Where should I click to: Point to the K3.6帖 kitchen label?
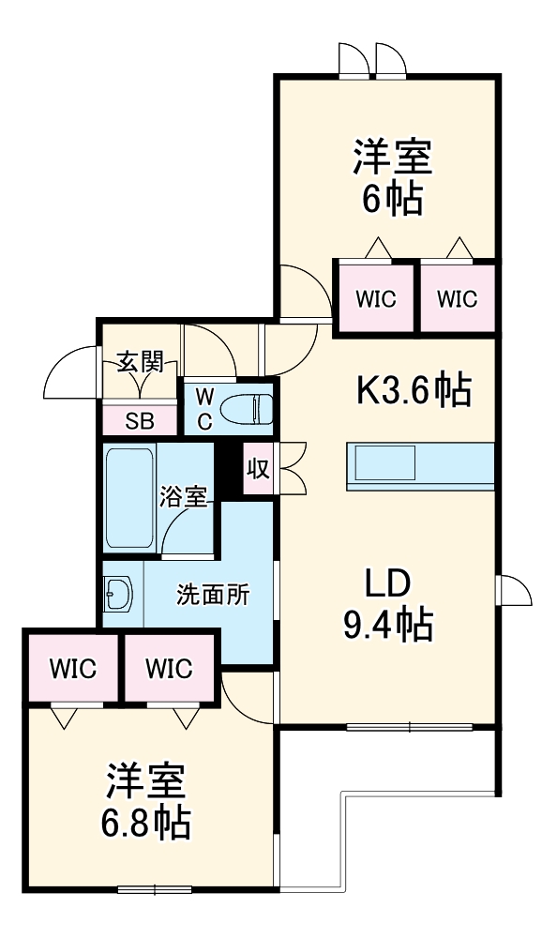(412, 389)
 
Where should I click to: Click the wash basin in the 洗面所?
(120, 594)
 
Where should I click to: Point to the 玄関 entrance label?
(140, 361)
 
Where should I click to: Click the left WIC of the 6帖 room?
(375, 299)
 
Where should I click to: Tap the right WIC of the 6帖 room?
(457, 299)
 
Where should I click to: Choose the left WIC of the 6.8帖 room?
(72, 669)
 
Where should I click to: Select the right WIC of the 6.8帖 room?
(170, 669)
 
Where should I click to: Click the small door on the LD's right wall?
(514, 590)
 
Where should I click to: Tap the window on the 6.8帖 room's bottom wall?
(155, 888)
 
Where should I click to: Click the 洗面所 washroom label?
(213, 594)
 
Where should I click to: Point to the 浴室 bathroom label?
(183, 495)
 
